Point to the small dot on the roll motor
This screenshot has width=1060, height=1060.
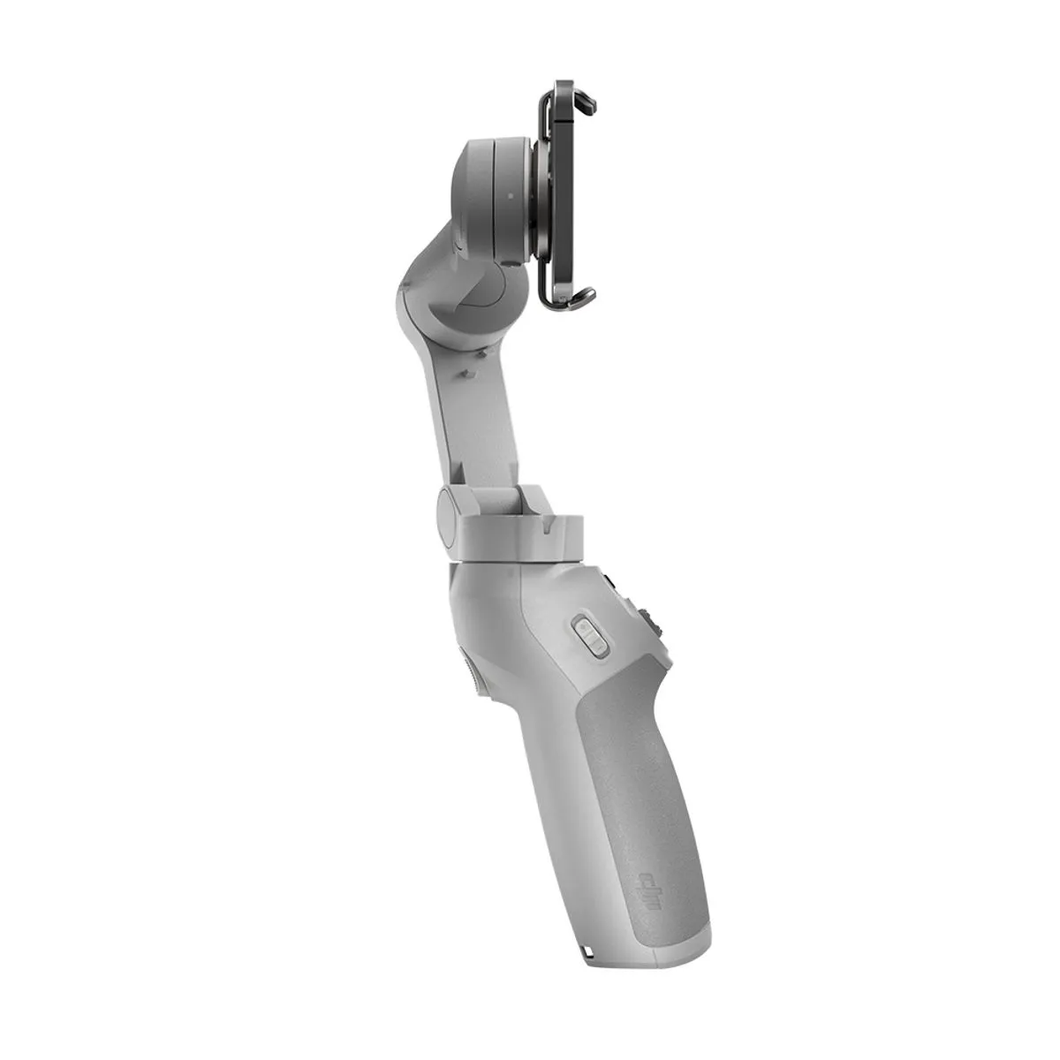click(x=509, y=197)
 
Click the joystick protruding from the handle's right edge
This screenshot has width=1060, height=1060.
click(x=656, y=623)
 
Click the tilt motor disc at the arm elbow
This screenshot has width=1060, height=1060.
click(x=477, y=291)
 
